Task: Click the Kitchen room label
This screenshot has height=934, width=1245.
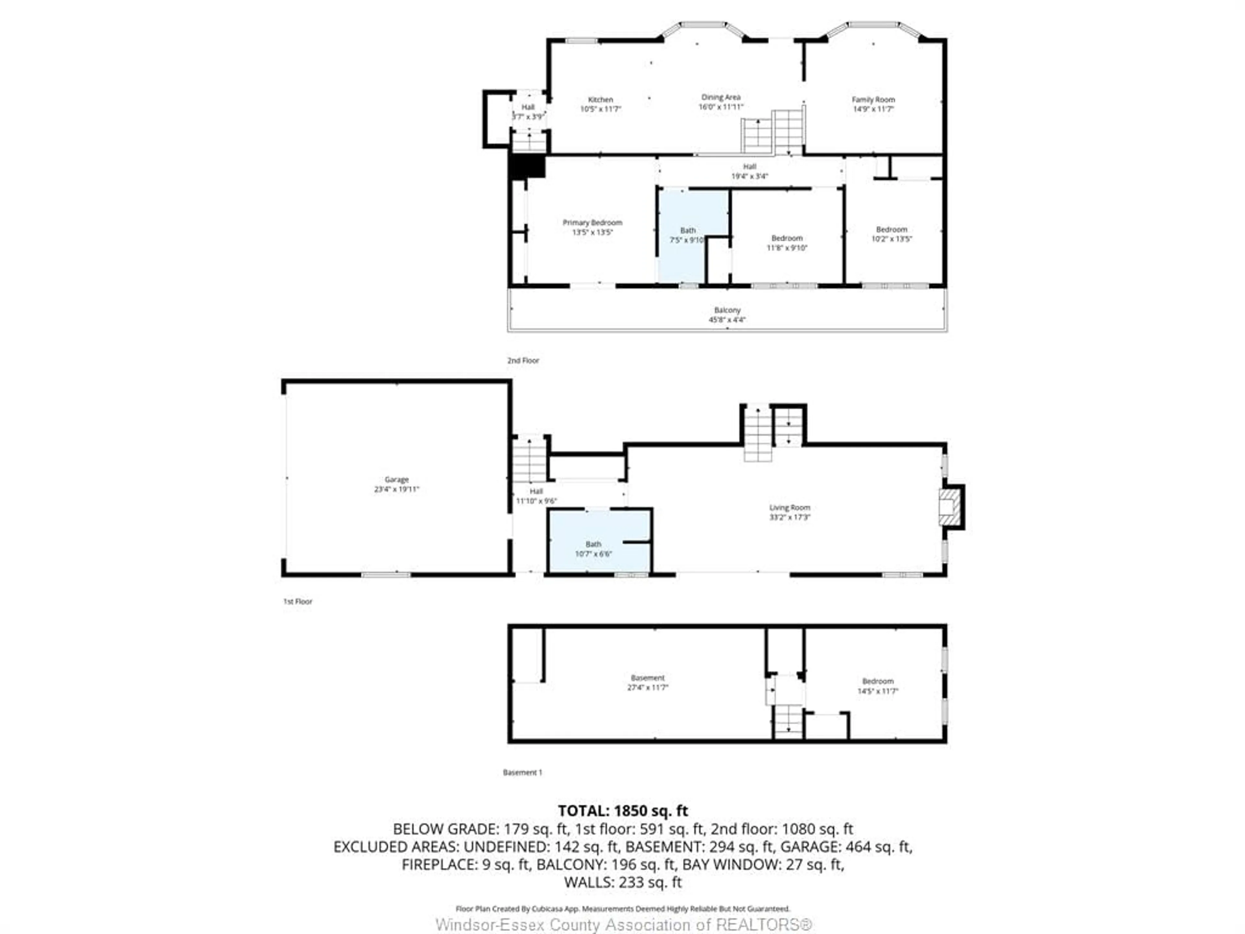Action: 600,100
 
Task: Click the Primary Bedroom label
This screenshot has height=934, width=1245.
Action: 592,223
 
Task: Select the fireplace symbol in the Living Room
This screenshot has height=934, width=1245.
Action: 950,507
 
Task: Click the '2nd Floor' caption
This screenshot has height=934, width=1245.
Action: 523,360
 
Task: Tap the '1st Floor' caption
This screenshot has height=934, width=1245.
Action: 297,601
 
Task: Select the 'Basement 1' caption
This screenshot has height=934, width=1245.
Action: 522,772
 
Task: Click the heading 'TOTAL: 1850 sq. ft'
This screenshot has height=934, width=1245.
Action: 622,811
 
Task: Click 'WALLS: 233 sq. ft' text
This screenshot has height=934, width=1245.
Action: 622,882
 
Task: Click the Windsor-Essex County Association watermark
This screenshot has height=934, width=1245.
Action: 623,924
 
